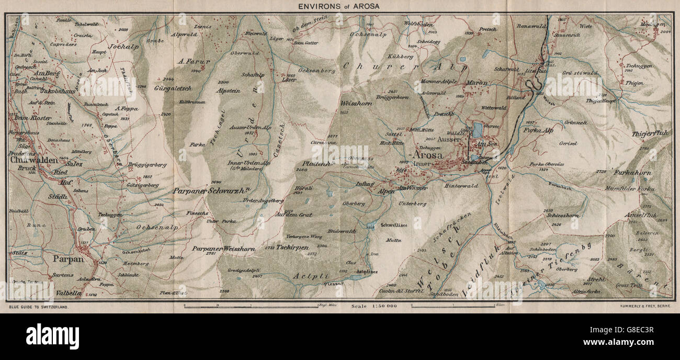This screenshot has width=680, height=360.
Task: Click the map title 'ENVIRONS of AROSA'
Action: coord(340,6)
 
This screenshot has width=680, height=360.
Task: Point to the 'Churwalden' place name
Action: coord(32,161)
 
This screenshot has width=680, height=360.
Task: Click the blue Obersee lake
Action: coord(478,129)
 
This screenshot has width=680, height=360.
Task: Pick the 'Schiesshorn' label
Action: coord(562,215)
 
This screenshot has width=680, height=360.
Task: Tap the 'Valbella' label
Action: coord(69,294)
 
